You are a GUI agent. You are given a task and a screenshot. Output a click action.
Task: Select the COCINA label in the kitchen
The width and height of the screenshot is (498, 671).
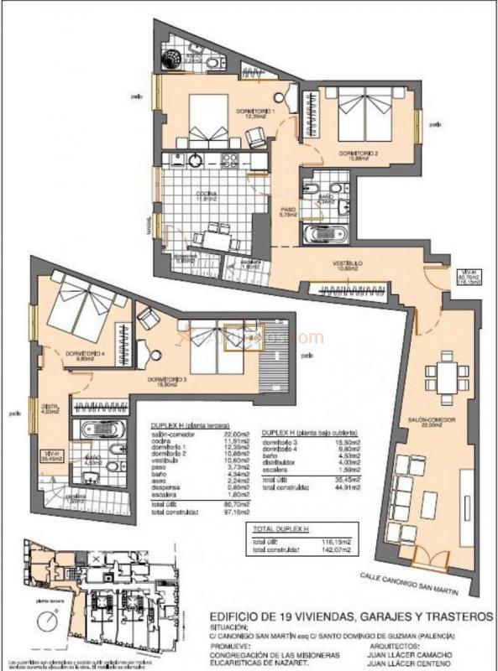(207, 194)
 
